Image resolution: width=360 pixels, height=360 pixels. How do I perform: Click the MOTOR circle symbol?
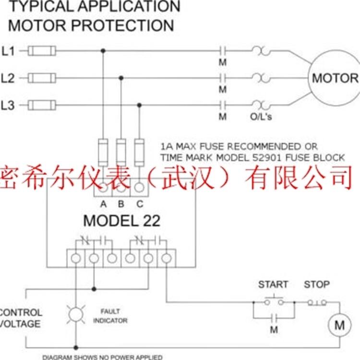(335, 78)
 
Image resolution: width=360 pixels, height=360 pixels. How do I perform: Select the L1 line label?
(8, 50)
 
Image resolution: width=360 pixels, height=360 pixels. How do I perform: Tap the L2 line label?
(8, 78)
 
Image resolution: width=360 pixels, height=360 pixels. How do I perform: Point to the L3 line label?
(8, 106)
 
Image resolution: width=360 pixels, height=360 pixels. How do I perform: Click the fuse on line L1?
(42, 50)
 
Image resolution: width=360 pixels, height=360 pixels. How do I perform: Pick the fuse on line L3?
(42, 105)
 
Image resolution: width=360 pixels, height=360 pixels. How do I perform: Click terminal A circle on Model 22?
(103, 188)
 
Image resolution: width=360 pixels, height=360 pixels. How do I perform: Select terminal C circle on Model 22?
(139, 188)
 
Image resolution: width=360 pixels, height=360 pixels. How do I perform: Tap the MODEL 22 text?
(121, 220)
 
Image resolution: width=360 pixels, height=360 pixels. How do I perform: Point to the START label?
(273, 284)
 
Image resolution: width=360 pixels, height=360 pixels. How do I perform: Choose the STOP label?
(317, 284)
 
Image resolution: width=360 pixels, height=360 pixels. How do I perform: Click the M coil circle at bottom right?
(339, 325)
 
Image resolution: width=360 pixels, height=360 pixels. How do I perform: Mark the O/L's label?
(262, 117)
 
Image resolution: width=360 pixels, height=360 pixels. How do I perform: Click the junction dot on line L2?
(121, 78)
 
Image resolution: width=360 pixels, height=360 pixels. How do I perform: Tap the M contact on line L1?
(222, 50)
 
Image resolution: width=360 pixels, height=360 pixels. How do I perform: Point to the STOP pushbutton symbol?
(317, 302)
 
